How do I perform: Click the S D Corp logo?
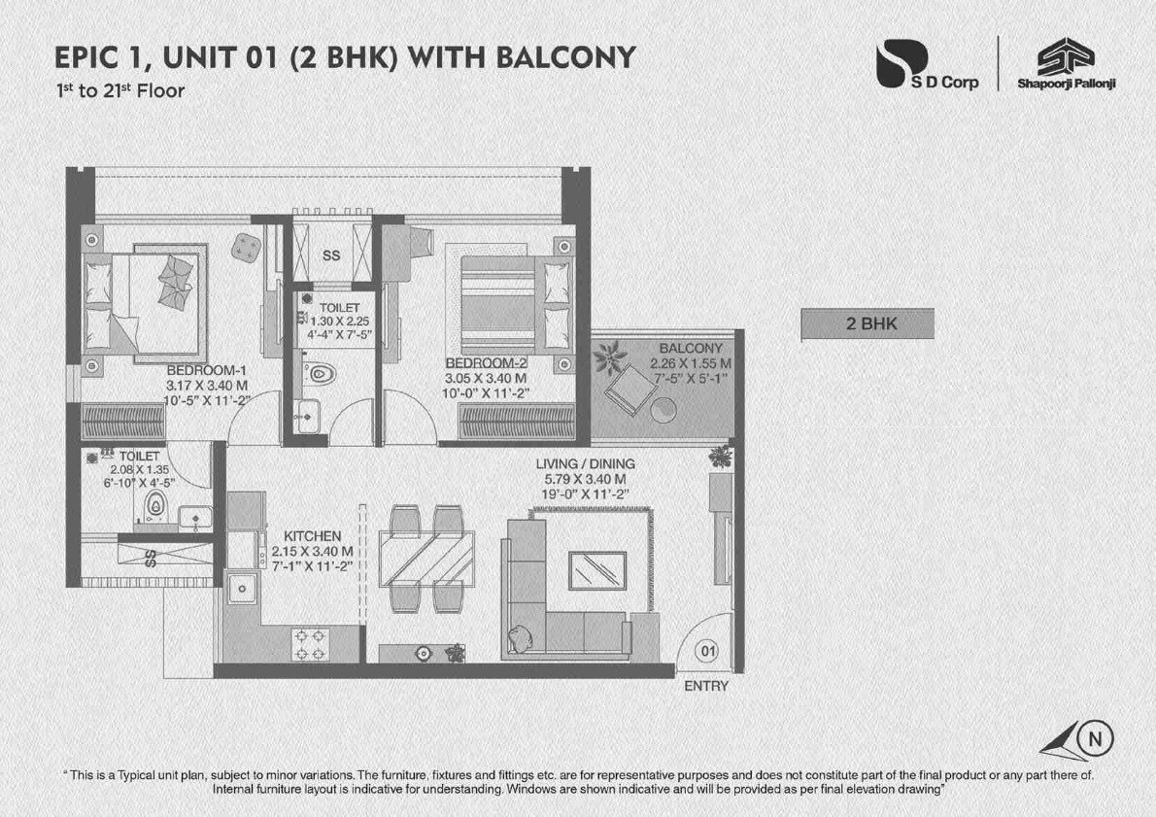coord(926,65)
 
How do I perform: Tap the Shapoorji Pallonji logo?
coord(1066,65)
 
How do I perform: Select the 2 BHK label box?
coord(867,324)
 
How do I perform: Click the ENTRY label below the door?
coord(706,686)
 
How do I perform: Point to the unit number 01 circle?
coord(708,652)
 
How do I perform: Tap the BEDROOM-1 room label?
coord(207,370)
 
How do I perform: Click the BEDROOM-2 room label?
coord(485,363)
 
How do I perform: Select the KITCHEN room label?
coord(312,536)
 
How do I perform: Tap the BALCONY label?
coord(690,349)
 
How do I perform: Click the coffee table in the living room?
coord(596,568)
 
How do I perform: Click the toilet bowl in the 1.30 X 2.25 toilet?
coord(322,372)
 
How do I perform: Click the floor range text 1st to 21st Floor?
coord(119,91)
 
